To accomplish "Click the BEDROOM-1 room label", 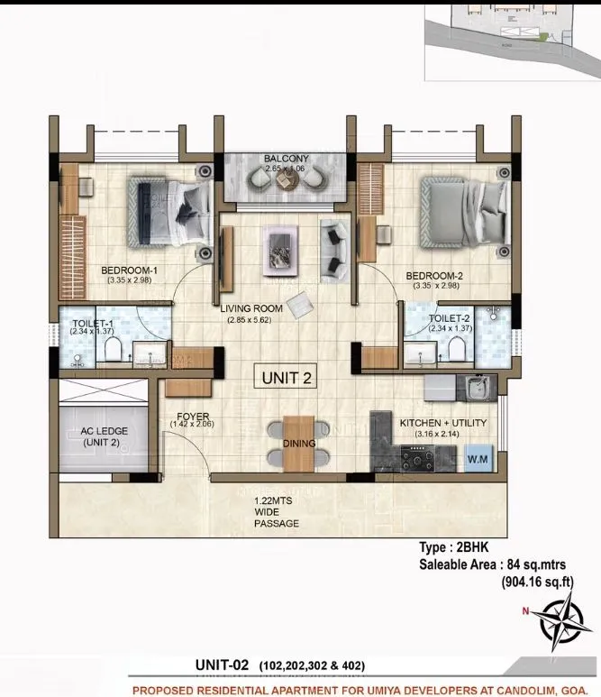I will pos(130,270).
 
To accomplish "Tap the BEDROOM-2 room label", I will pos(433,275).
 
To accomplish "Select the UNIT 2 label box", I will pos(287,378).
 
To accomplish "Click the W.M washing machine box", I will pos(477,460).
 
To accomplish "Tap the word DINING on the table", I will pos(298,444).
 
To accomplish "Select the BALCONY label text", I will pos(286,160).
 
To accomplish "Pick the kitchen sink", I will pos(475,388).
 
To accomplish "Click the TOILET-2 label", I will pos(449,318).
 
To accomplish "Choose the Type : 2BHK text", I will pos(453,547).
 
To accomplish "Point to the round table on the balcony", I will pos(287,180).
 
